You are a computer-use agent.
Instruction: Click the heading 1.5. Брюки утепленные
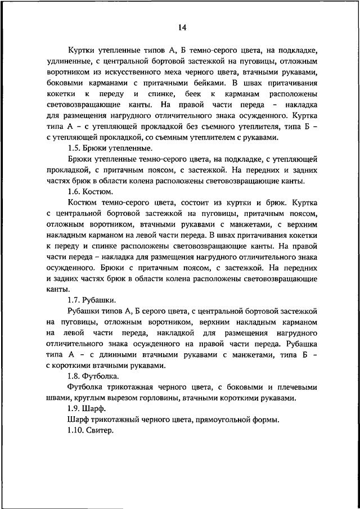click(109, 148)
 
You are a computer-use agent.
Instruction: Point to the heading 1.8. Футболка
click(96, 376)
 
